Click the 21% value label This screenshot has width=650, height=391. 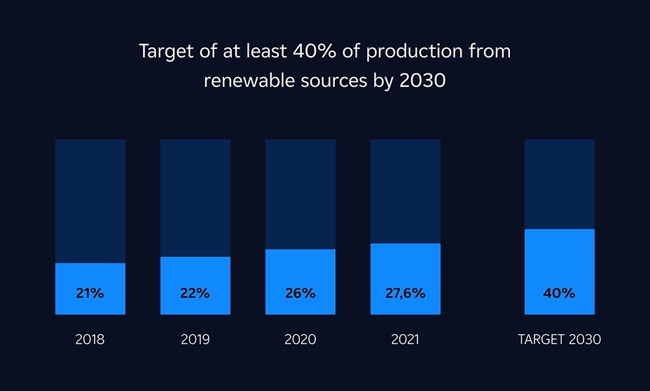coord(90,294)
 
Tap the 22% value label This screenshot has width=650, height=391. coord(195,294)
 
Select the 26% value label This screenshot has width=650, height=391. coord(300,294)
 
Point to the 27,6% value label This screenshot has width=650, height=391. coord(405,294)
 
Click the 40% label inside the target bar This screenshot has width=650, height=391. coord(559,294)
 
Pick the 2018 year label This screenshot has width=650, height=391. coord(90,340)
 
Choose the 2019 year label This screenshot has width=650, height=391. coord(195,340)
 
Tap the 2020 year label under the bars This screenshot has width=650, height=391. coord(300,340)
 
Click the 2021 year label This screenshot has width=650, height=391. coord(405,340)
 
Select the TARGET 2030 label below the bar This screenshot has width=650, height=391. coord(559,340)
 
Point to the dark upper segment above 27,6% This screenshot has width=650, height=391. coord(405,191)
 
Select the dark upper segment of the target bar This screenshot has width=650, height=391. coord(559,184)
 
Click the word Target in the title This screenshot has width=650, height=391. coord(162,53)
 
